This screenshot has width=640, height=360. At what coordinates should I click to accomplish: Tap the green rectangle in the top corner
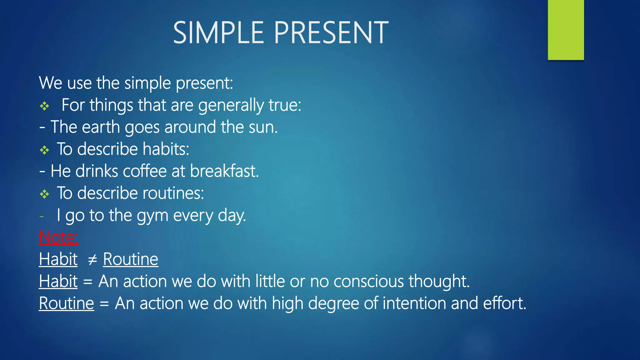point(566,30)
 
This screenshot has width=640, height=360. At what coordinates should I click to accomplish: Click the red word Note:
point(58,237)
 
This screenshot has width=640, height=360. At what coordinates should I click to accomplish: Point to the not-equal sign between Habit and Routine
point(92,260)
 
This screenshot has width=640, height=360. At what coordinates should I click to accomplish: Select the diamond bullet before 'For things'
point(44,107)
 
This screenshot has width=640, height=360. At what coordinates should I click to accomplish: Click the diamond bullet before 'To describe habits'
point(44,151)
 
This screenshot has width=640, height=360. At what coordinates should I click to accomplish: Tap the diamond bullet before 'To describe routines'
point(44,195)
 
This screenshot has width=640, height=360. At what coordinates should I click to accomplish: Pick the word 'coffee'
point(145,172)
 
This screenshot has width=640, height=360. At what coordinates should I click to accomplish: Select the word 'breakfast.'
point(224,172)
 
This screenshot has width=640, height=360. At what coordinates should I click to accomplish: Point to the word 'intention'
point(414,303)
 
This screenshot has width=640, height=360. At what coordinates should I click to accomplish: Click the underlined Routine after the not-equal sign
point(131,259)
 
